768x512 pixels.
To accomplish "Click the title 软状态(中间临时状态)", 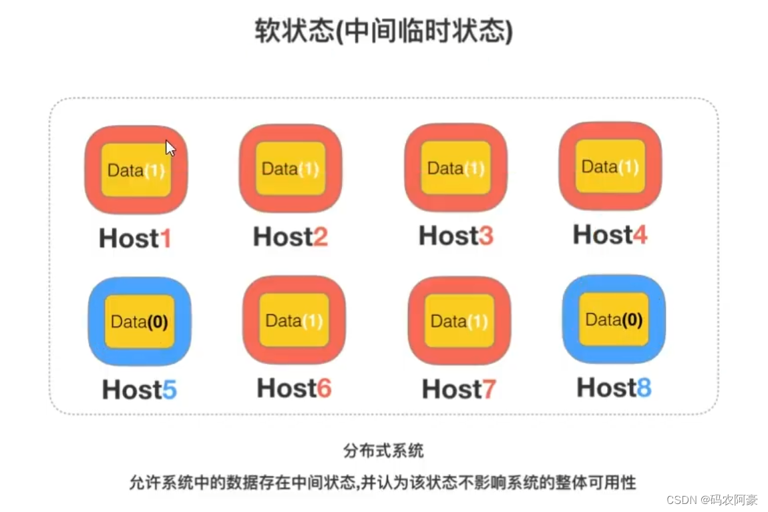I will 383,32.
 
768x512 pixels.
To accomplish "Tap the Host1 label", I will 135,238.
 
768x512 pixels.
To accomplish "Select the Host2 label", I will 290,236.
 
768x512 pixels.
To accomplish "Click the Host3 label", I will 455,236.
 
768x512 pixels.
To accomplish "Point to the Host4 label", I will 610,234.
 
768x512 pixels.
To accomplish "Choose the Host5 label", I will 139,389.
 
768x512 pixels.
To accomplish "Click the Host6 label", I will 294,388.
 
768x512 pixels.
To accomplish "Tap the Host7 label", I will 459,389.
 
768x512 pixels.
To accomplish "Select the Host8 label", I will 614,387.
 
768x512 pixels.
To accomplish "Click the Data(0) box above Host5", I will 139,322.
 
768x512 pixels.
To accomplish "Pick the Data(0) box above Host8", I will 614,319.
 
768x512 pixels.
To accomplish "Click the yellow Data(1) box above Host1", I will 136,170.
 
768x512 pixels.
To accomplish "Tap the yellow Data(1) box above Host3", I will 455,168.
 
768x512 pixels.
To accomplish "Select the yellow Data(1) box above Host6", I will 294,320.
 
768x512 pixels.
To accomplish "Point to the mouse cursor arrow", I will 170,148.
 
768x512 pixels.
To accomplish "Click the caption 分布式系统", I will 383,451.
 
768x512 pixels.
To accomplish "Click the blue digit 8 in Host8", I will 644,388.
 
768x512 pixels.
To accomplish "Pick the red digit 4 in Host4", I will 640,235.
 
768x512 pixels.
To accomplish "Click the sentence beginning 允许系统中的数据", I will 383,482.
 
